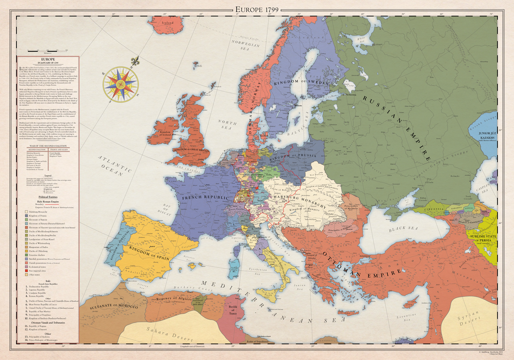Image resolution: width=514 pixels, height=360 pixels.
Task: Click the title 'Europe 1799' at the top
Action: [257, 9]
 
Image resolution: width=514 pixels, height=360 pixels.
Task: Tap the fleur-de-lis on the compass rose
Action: [135, 62]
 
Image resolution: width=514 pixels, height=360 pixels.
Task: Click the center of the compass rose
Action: [120, 84]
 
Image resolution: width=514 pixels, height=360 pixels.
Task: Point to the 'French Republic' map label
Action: [199, 197]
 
